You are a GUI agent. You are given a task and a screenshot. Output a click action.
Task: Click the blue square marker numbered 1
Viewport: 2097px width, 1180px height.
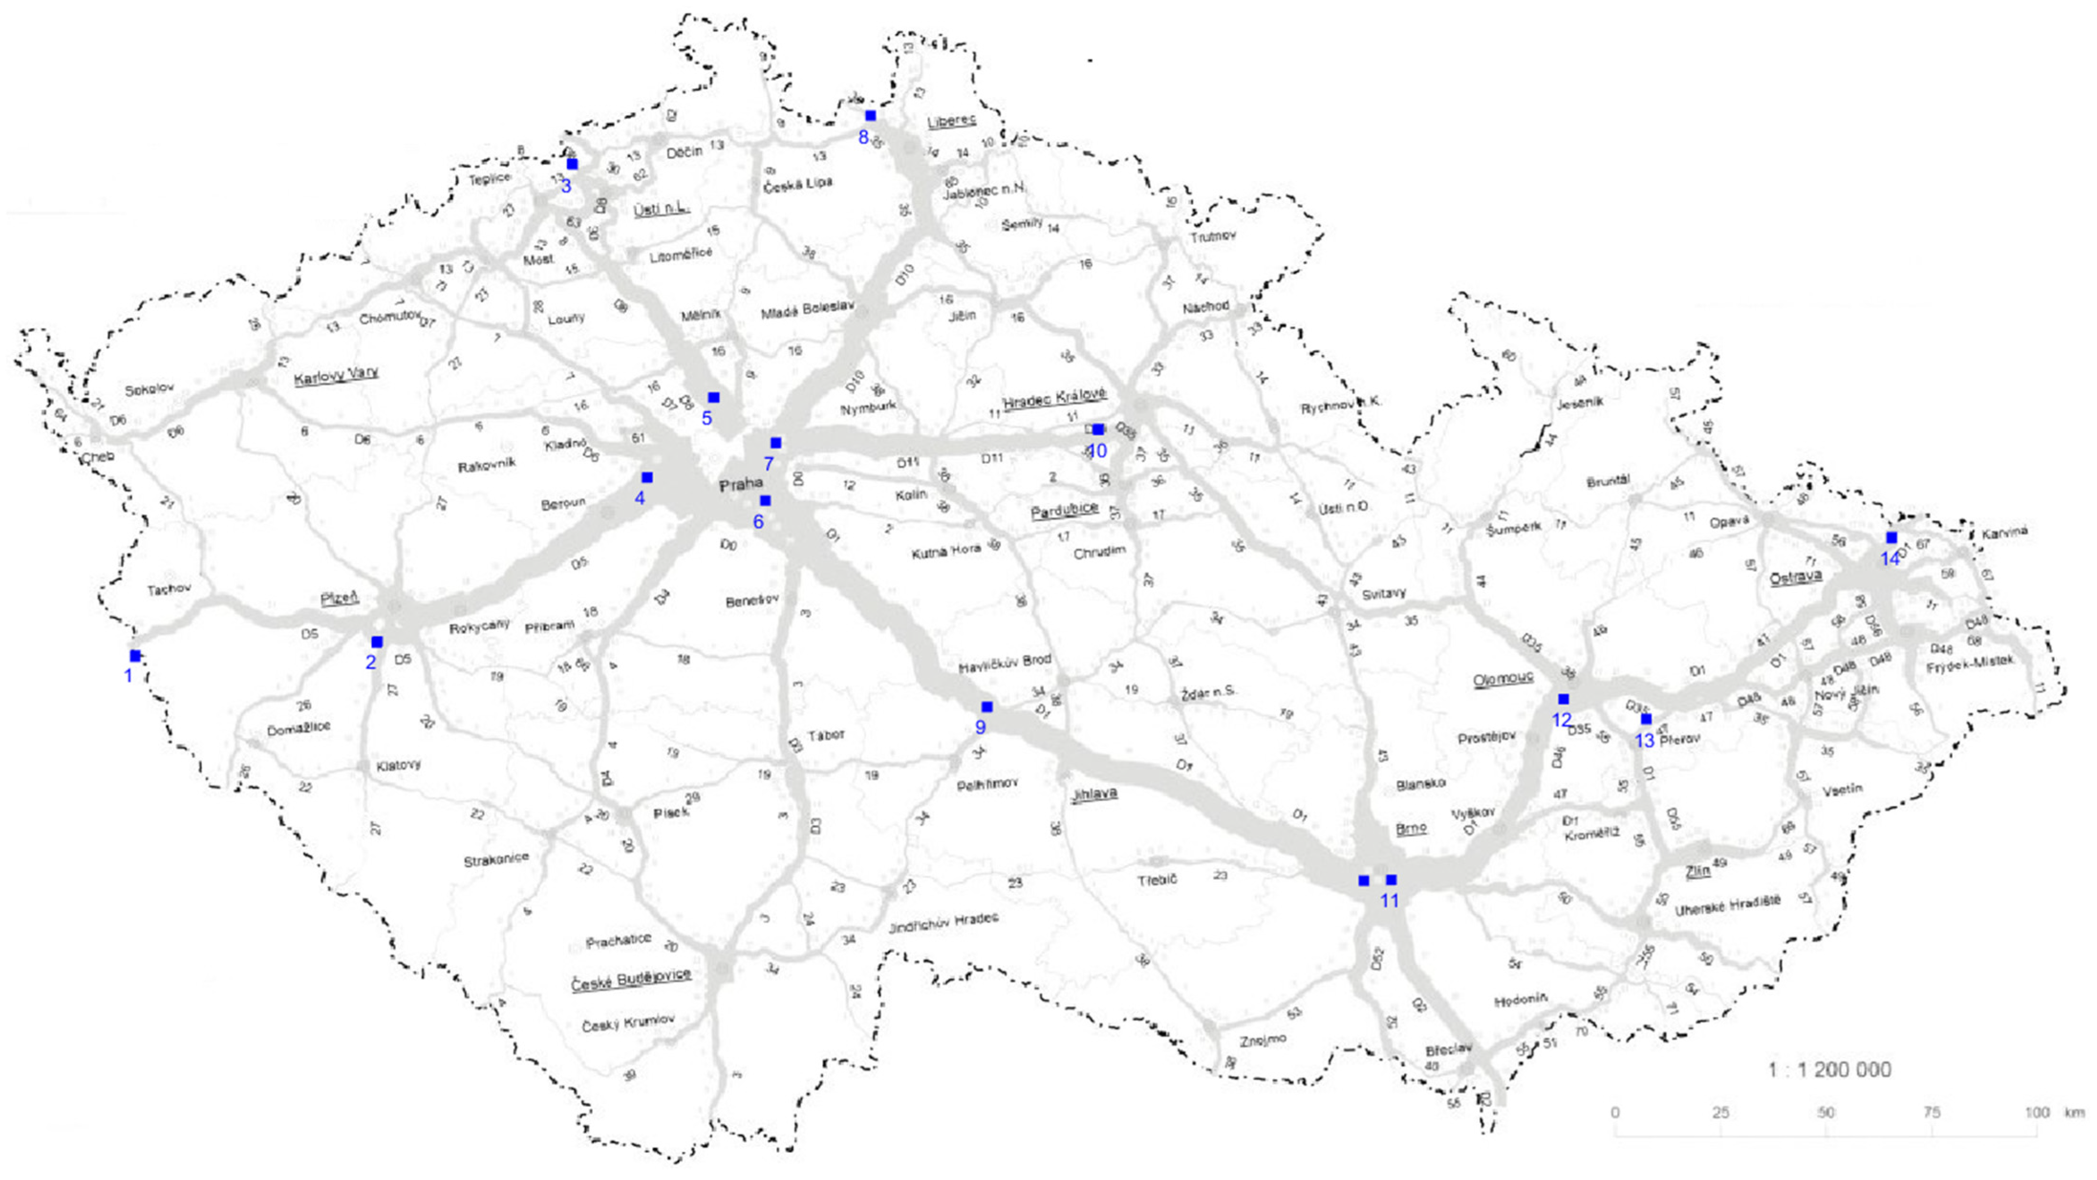tap(135, 655)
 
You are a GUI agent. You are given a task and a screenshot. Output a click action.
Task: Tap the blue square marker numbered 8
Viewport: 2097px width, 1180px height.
tap(870, 116)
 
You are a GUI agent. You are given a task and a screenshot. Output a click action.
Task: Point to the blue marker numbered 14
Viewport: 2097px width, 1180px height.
tap(1891, 537)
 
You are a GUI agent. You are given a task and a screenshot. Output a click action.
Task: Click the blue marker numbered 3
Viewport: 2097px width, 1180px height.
tap(572, 164)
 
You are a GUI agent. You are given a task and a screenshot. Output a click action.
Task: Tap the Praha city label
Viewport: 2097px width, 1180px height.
tap(741, 485)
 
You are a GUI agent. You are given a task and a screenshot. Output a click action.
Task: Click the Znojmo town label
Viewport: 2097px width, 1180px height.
tap(1262, 1041)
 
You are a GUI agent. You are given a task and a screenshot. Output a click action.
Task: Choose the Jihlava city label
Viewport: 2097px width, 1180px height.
tap(1093, 793)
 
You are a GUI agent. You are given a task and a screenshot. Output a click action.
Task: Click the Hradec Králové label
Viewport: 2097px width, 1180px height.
tap(1054, 399)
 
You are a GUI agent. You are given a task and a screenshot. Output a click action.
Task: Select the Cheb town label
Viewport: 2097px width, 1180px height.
tap(98, 457)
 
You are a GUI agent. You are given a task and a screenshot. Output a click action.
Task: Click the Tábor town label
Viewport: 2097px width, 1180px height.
tap(826, 735)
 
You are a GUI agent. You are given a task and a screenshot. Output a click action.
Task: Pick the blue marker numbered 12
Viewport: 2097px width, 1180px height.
tap(1563, 699)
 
